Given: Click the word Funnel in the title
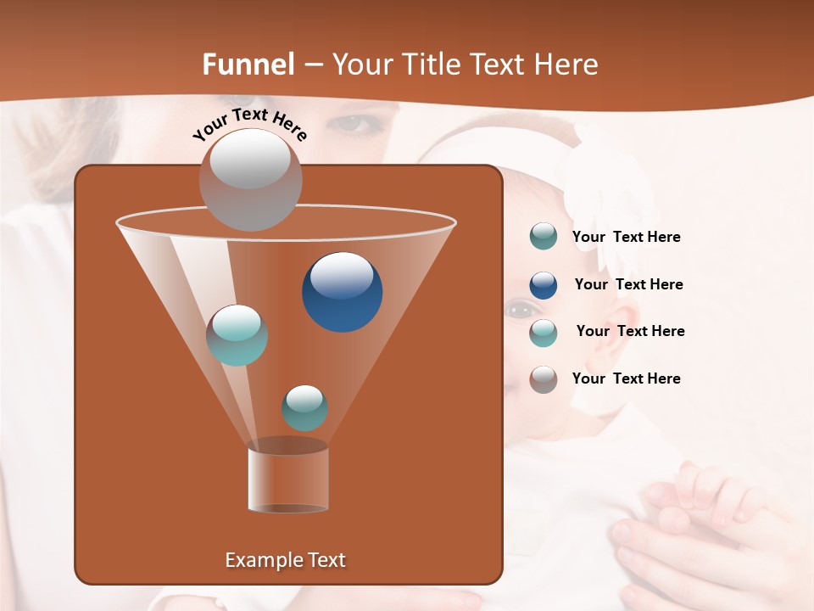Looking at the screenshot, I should pos(248,64).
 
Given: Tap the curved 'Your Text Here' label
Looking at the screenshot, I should pos(249,124).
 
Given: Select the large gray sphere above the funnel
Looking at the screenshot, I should pos(250,179).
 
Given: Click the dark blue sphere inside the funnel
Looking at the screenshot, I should pos(343,292).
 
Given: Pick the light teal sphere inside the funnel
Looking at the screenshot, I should pos(237,335).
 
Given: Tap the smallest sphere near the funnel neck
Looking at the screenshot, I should pos(304,408).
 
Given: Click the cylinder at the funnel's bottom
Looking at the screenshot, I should pos(288,479).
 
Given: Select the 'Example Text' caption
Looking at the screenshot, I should pos(286,560).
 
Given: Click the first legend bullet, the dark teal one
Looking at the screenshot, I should pos(544,236).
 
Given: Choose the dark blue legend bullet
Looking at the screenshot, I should pos(544,285).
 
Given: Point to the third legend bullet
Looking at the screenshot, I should pos(544,333).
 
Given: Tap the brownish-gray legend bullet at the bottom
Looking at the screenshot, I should pos(544,379).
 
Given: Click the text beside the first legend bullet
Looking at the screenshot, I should pos(627,238).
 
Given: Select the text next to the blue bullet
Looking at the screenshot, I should pos(628,285).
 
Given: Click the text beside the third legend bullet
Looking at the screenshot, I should pos(630,332).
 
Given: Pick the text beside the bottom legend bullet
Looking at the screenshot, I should pos(627,378).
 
